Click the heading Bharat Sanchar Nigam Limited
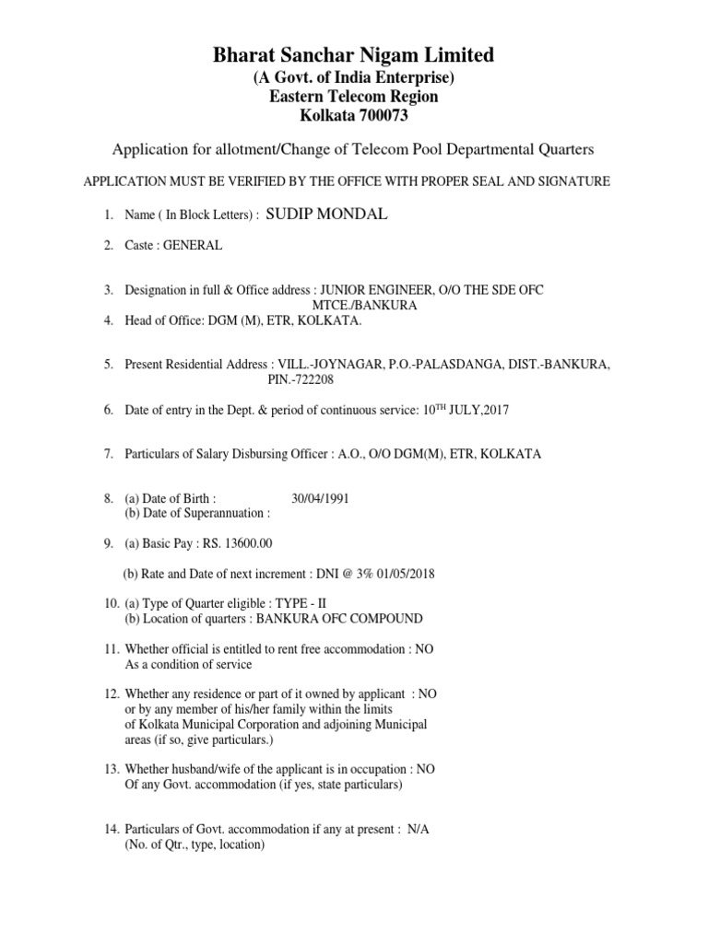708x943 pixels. (x=354, y=55)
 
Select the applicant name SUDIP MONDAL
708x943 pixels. (x=327, y=215)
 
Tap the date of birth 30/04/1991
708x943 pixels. (x=320, y=498)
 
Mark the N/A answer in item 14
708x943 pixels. (x=418, y=830)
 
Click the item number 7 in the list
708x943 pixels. (x=108, y=454)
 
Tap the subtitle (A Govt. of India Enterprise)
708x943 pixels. (x=354, y=77)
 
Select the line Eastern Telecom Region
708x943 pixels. (x=354, y=97)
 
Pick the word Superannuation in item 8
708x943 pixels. (x=223, y=513)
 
